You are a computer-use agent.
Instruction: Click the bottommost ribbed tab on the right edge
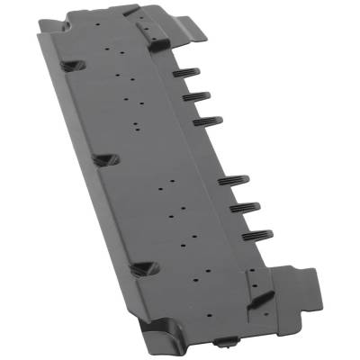point(257,235)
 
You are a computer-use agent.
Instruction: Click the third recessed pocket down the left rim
point(141,268)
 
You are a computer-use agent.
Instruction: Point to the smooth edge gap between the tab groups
point(220,148)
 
